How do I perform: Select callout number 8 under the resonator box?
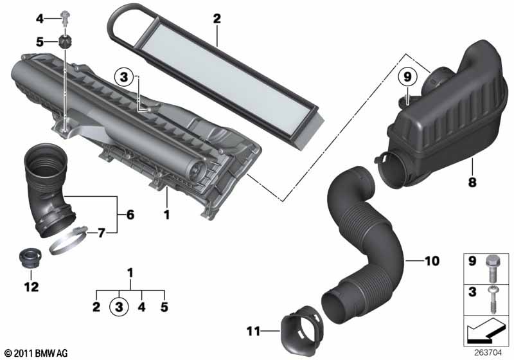coord(472,183)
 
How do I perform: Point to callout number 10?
coord(432,261)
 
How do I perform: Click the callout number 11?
coord(252,332)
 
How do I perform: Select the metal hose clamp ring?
coord(71,242)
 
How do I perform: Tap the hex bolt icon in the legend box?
coord(490,265)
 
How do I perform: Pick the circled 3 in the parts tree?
coord(119,307)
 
